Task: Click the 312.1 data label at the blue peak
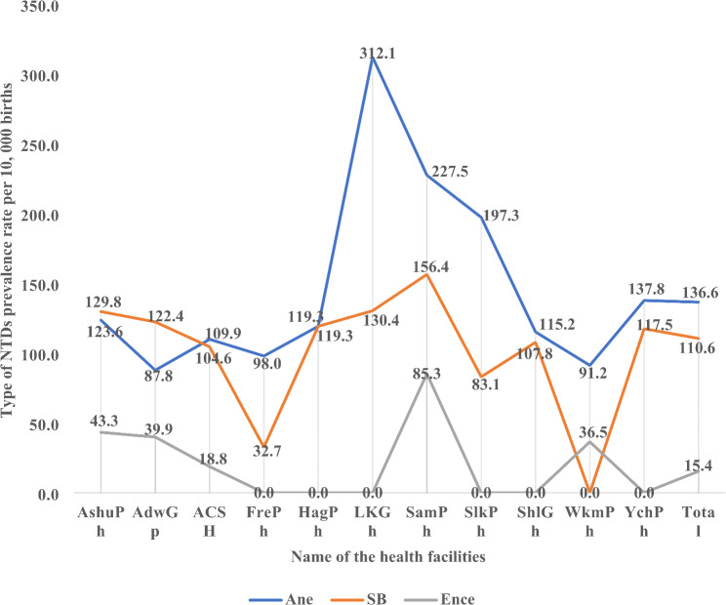pos(378,54)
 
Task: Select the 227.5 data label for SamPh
pos(450,172)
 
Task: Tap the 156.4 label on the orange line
pos(431,266)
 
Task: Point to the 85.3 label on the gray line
pos(426,373)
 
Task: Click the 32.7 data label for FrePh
pos(266,451)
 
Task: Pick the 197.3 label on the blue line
pos(502,216)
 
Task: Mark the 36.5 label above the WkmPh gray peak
pos(593,432)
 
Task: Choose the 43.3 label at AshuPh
pos(103,421)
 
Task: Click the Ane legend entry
pos(281,599)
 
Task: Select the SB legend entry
pos(359,599)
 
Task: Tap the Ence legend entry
pos(439,599)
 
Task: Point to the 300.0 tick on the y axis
pos(40,75)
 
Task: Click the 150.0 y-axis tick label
pos(40,285)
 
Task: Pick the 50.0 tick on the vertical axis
pos(44,424)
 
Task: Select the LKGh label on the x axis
pos(372,521)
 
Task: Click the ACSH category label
pos(209,521)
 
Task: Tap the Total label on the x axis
pos(699,521)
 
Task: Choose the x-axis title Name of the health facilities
pos(388,556)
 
